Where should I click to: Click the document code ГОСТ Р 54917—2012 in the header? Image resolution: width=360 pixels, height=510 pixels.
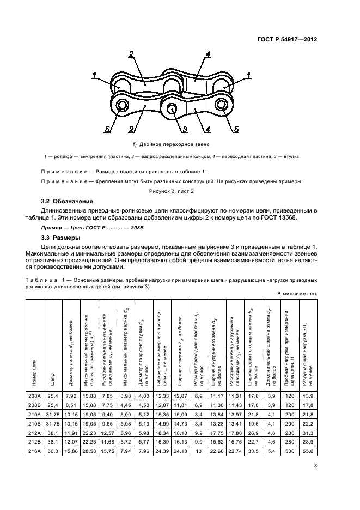[288, 39]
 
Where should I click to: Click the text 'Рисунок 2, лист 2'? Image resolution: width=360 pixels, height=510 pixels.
[179, 191]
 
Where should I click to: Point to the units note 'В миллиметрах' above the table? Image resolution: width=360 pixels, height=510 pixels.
[297, 293]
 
